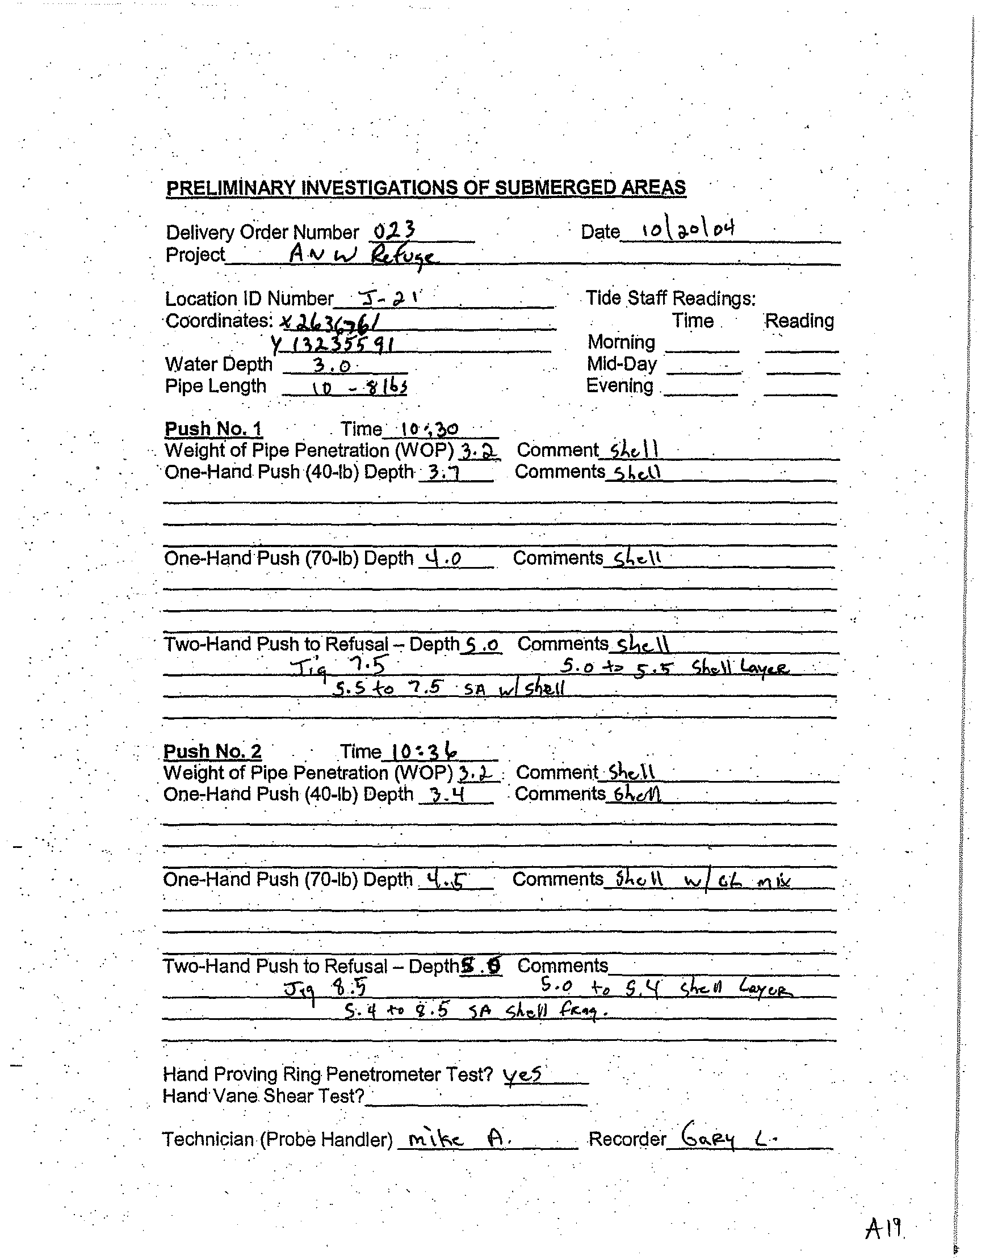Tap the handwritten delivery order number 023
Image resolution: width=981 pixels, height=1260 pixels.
[x=393, y=232]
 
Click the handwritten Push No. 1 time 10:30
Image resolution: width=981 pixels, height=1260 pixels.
[x=429, y=429]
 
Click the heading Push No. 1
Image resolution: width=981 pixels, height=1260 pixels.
[x=213, y=429]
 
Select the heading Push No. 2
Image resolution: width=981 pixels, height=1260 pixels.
[x=212, y=751]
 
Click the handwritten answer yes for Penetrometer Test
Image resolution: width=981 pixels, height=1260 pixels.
[x=522, y=1074]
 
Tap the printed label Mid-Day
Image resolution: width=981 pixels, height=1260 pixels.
[x=622, y=364]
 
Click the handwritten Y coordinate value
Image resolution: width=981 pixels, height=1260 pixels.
[x=333, y=345]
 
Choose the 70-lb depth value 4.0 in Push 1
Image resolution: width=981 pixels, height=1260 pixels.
[x=443, y=558]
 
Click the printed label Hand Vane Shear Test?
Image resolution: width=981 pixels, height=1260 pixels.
[x=264, y=1095]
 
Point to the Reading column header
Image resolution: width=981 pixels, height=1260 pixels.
[x=799, y=321]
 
